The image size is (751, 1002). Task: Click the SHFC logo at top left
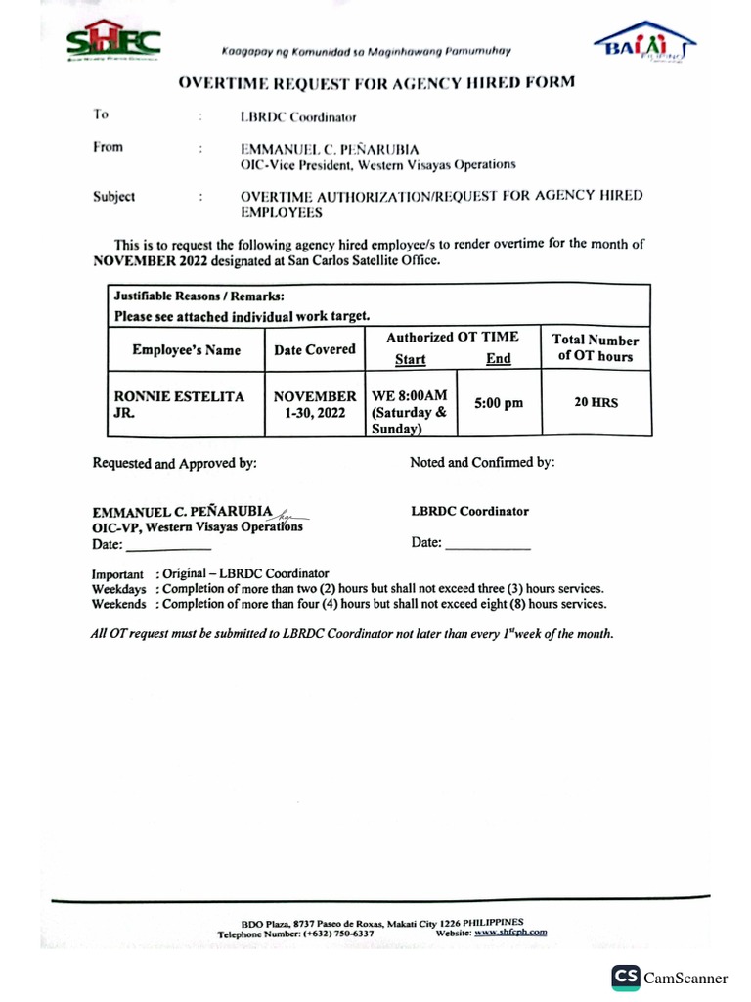113,40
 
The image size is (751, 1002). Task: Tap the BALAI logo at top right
645,41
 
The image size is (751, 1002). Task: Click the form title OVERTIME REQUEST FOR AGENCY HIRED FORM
375,83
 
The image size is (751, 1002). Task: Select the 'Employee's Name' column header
186,350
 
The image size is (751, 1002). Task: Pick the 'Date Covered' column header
314,349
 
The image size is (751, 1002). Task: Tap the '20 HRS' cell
596,402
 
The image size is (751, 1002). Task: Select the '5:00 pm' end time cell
499,403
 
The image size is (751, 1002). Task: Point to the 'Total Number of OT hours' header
596,348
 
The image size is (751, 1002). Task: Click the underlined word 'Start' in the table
410,359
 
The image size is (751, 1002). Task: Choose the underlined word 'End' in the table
499,359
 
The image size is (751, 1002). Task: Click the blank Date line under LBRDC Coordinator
487,543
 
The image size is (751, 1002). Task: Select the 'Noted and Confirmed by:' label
482,462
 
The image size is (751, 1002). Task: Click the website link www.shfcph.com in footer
510,933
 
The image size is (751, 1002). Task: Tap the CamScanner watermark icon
626,977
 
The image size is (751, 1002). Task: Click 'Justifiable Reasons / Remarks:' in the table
199,296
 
